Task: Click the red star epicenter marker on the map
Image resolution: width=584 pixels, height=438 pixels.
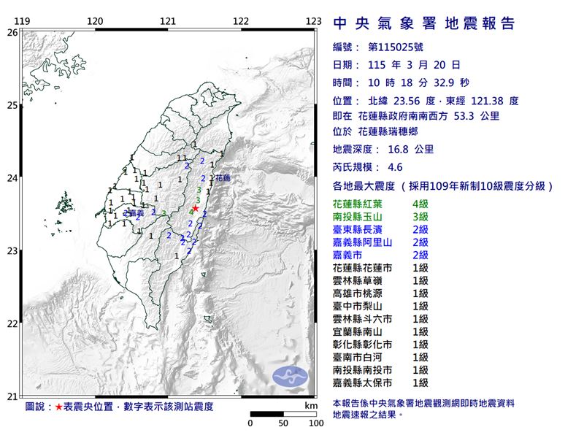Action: (x=196, y=208)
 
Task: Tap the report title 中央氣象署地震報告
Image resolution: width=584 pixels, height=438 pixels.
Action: (x=424, y=24)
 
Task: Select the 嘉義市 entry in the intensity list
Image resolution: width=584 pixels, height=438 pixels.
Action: (x=351, y=255)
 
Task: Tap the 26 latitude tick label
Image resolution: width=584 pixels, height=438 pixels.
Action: (x=12, y=33)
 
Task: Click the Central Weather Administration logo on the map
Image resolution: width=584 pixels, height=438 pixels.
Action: (x=291, y=377)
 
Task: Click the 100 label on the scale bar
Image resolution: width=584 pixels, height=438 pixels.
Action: (x=315, y=423)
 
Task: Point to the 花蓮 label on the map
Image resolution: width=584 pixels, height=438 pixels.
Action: (x=222, y=177)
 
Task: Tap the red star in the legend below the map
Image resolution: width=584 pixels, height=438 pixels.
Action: (x=59, y=405)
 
